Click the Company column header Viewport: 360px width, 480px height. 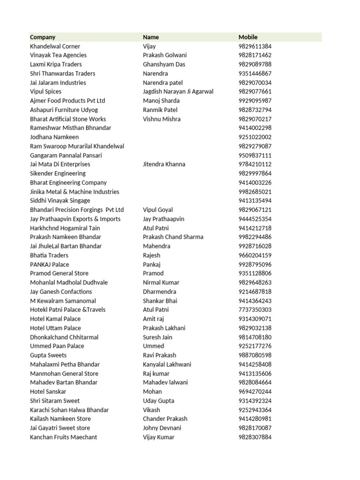(43, 37)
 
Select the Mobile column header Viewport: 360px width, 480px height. (248, 37)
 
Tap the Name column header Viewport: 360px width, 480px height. (151, 37)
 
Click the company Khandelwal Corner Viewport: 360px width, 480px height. (55, 46)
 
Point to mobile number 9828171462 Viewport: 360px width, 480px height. (255, 55)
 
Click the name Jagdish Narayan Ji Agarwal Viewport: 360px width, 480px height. (178, 91)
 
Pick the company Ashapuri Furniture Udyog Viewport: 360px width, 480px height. (64, 110)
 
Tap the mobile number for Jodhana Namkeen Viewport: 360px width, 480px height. (255, 137)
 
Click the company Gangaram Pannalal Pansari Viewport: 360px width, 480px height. (66, 155)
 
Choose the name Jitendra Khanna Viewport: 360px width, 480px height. (164, 164)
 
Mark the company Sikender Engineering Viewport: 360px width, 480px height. (58, 173)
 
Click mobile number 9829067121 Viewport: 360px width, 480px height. (255, 210)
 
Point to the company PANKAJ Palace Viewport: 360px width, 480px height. (49, 264)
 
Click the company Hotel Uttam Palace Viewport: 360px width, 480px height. (55, 328)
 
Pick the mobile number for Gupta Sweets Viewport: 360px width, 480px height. (255, 355)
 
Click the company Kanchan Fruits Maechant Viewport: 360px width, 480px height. (63, 437)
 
